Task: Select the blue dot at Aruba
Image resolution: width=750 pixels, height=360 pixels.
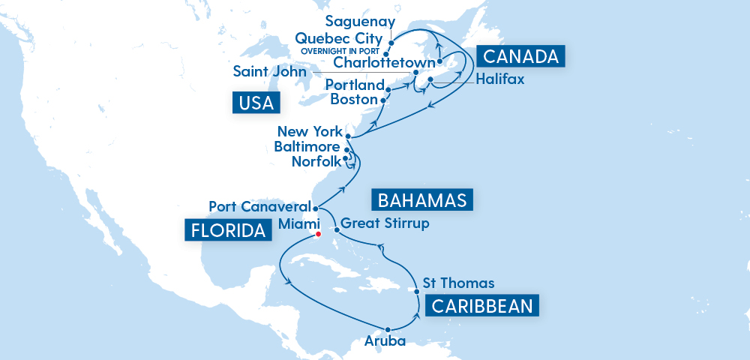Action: tap(388, 329)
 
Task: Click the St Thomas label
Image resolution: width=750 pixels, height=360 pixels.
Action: tap(459, 283)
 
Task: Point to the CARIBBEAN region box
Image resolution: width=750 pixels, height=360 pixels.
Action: tap(481, 305)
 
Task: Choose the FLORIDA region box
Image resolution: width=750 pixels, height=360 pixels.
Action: tap(227, 230)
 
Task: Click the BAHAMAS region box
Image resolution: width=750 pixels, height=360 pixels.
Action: tap(423, 200)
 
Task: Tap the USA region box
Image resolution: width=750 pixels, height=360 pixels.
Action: tap(255, 103)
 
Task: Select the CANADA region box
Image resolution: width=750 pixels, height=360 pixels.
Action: tap(519, 56)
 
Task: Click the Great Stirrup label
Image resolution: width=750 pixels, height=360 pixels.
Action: tap(385, 223)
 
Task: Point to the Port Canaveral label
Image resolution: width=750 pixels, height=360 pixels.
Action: tap(259, 206)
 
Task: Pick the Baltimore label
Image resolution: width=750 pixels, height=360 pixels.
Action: tap(307, 146)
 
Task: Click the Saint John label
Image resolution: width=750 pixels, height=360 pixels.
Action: tap(269, 72)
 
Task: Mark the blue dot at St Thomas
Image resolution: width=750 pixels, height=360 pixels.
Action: tap(416, 291)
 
